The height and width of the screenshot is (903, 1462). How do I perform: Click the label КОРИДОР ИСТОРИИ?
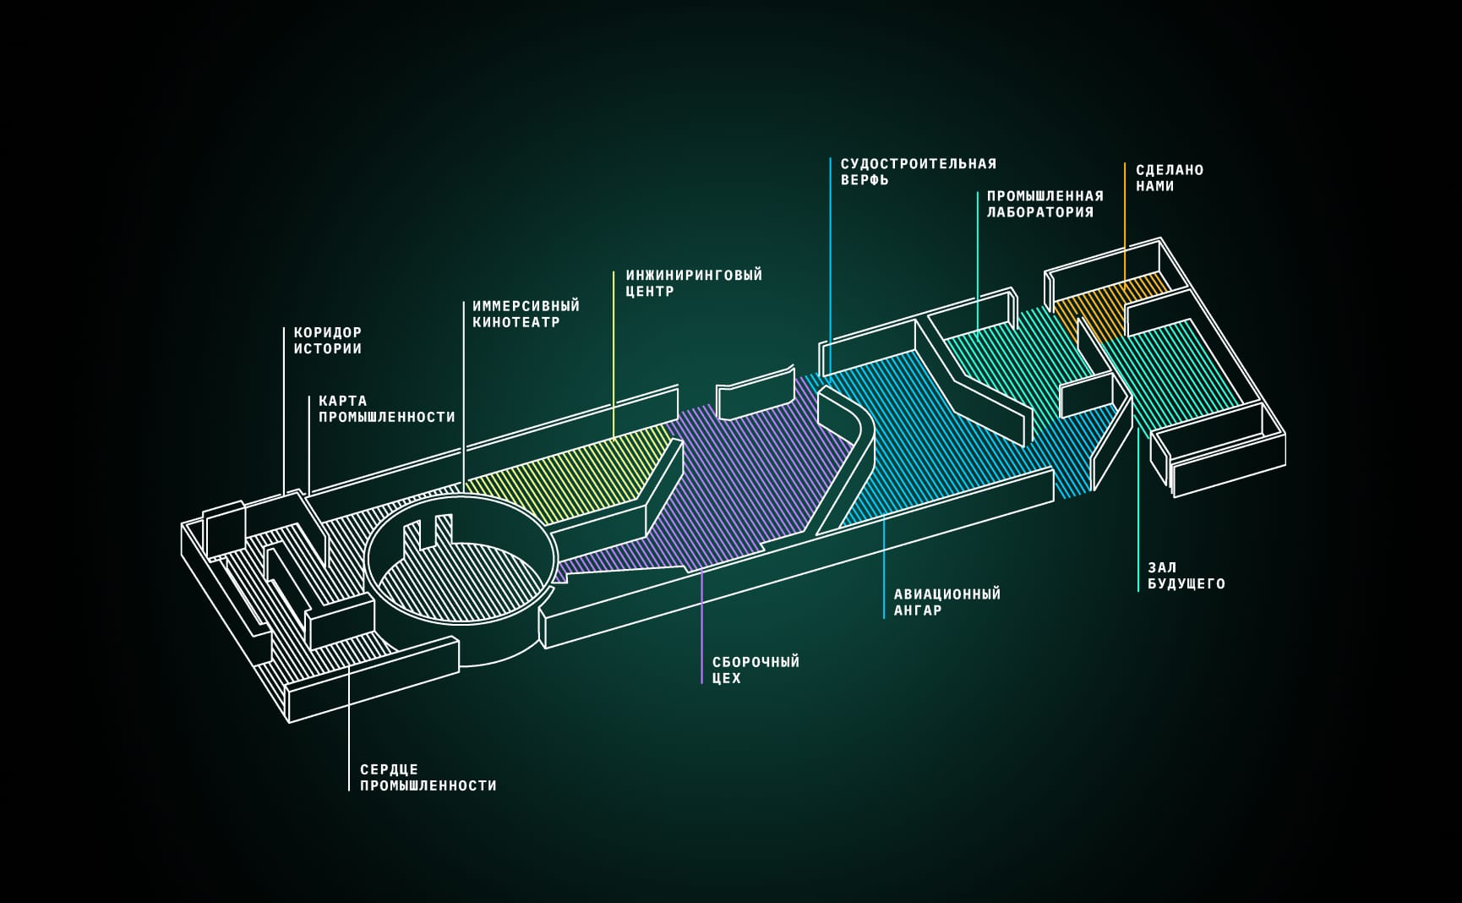[327, 341]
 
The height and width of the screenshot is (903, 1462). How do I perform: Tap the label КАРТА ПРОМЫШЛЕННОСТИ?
[386, 409]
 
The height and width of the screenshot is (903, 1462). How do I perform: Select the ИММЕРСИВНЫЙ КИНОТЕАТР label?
[526, 314]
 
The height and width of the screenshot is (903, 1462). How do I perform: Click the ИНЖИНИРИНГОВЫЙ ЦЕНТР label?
[694, 283]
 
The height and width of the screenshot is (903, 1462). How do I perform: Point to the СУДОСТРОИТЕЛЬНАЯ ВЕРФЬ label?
[918, 172]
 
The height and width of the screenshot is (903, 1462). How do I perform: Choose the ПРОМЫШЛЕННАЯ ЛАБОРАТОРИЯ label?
[1045, 205]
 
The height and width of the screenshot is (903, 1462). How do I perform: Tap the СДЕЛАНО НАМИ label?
[1169, 178]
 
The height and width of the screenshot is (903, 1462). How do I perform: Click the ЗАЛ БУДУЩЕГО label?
[1186, 576]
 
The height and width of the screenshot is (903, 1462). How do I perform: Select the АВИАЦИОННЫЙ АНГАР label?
[946, 602]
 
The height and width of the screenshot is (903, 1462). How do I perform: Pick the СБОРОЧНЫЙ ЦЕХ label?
[756, 670]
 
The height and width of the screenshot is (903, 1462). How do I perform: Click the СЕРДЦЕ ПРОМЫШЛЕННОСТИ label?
[428, 777]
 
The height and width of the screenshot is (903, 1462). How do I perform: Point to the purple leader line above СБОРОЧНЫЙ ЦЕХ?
[702, 626]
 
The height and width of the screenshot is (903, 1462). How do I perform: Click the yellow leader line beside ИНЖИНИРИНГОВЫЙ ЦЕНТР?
[614, 355]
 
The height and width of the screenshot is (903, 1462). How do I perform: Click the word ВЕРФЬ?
[865, 180]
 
